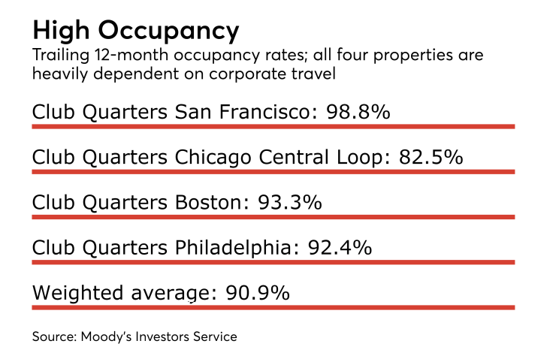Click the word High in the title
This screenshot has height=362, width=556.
(x=63, y=31)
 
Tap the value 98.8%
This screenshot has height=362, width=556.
(x=358, y=113)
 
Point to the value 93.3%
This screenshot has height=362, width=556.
(x=290, y=203)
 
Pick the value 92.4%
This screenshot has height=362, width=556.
(x=340, y=247)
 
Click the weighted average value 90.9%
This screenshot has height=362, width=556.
(x=257, y=292)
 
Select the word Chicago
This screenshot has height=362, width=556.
(x=210, y=158)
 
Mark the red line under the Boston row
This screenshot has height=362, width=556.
(x=273, y=217)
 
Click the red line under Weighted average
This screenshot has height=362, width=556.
(x=273, y=307)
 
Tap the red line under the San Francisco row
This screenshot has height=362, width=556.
(x=273, y=127)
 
